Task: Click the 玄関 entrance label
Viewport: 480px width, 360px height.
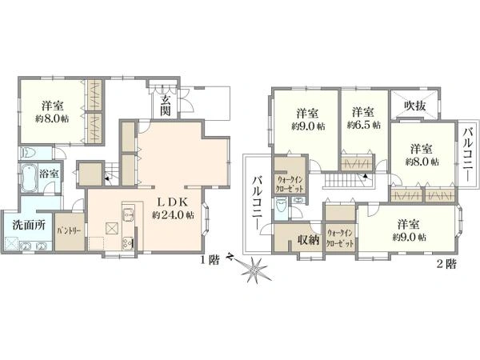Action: (166, 106)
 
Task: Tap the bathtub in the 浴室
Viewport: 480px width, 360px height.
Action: (30, 178)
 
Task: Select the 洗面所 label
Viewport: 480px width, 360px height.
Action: (29, 225)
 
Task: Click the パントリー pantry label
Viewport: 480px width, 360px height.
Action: (70, 230)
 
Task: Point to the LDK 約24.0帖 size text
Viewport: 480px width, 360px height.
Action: (173, 215)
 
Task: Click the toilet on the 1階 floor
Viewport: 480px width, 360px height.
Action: (30, 153)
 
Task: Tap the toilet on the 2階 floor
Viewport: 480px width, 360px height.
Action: (281, 207)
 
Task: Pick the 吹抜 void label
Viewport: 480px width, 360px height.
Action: (414, 106)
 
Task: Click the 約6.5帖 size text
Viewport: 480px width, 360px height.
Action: (364, 126)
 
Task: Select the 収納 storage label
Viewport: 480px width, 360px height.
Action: (309, 240)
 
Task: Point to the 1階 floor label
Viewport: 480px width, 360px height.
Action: (210, 260)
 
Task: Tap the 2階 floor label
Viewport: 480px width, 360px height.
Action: (446, 263)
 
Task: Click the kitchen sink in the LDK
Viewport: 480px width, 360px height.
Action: (127, 214)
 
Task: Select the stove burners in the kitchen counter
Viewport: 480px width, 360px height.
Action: (128, 243)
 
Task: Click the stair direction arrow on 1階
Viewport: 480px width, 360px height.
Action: (107, 177)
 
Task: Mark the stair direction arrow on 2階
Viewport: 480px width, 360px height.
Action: (366, 176)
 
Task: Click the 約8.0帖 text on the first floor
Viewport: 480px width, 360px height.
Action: (52, 118)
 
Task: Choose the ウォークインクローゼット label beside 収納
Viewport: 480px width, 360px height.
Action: (340, 238)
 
